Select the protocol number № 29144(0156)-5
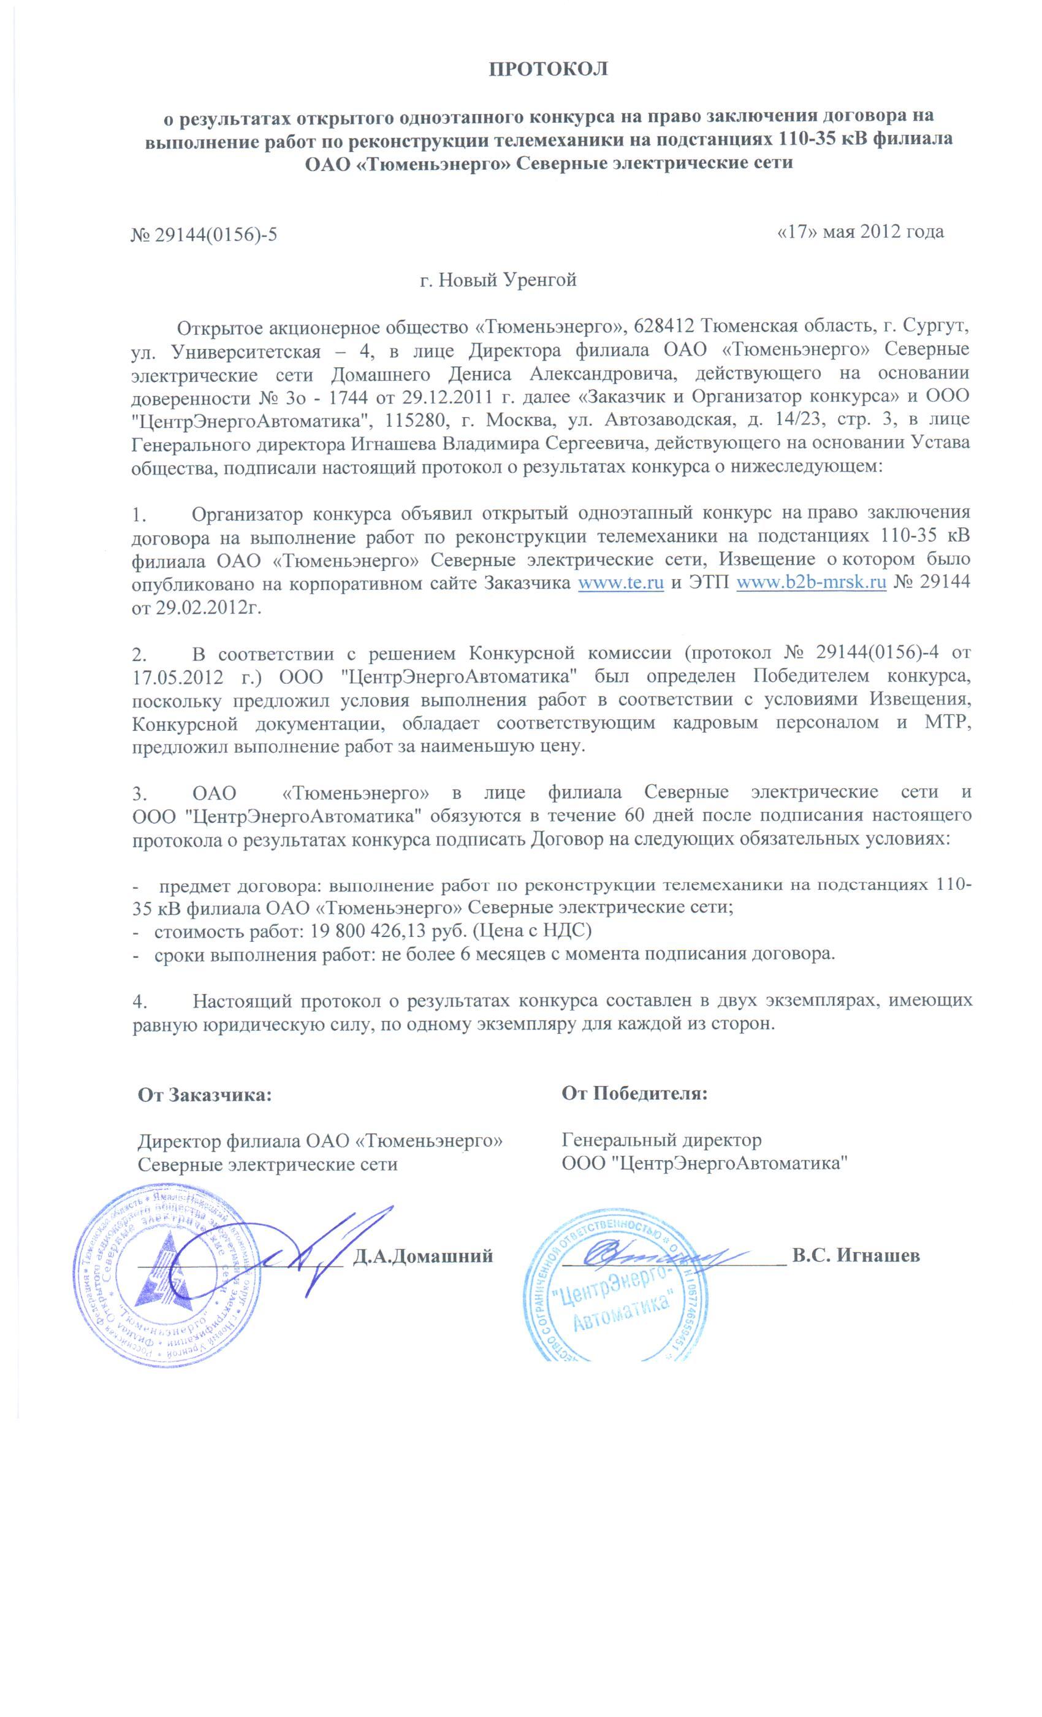[x=203, y=234]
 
